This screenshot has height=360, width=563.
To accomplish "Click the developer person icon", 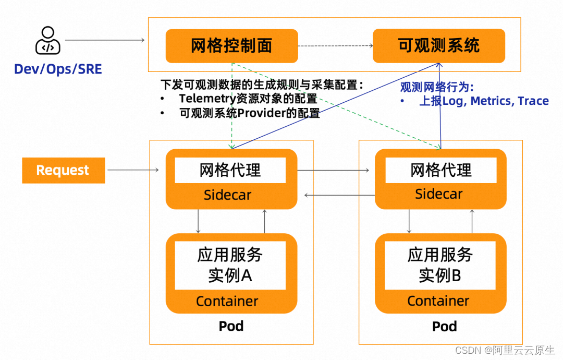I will point(47,41).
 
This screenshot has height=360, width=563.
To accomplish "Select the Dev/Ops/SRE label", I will point(57,69).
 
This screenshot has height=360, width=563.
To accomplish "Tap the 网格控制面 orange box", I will point(231,46).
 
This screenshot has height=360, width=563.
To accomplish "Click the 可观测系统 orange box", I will point(438,45).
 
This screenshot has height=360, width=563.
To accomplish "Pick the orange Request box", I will point(63,170).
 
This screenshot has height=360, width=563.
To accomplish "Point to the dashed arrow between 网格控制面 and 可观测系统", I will point(335,46).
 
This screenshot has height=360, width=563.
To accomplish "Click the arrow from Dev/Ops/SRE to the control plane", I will point(104,40).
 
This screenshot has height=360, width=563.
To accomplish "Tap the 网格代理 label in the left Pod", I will point(230,171).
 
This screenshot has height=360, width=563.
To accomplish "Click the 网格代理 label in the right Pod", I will point(440,170).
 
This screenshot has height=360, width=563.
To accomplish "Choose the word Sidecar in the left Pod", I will point(227,195).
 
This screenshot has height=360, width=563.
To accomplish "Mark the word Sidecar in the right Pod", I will point(438,194).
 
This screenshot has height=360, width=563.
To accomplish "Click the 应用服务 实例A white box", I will point(230,265).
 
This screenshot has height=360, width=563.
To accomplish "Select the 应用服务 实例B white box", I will point(440,265).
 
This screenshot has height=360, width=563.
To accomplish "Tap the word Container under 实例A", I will point(227,301).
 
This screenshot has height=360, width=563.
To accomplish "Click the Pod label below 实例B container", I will point(444,327).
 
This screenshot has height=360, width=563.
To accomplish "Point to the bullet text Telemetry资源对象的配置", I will point(248,99).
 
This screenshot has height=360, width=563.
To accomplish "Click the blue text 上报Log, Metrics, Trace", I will point(484,101).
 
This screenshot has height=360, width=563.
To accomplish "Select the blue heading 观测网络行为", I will point(436,87).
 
